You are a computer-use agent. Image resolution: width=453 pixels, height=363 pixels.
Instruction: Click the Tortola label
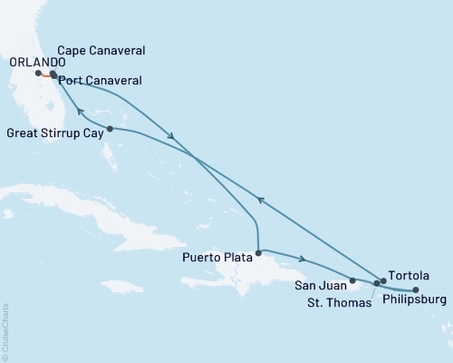pos(404,273)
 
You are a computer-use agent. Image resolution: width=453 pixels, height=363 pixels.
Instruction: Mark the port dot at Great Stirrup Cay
pos(110,129)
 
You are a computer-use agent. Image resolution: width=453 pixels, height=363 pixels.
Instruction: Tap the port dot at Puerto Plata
pos(258,253)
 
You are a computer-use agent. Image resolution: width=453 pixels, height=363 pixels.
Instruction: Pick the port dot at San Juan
pos(352,281)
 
